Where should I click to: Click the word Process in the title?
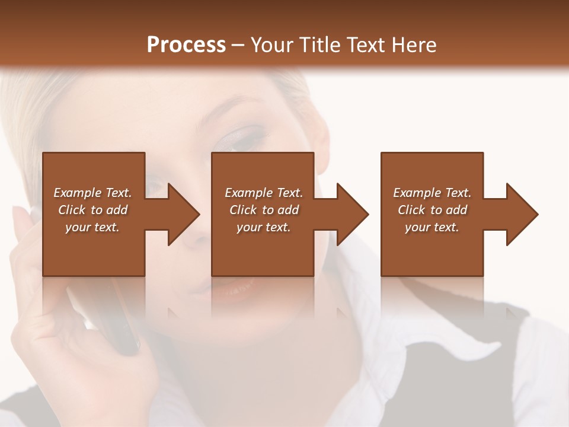click(186, 45)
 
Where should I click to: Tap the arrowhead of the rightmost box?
click(521, 214)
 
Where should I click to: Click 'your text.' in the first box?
click(92, 227)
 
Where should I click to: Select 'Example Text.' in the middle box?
click(264, 193)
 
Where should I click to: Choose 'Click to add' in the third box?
click(433, 210)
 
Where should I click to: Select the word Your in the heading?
click(270, 45)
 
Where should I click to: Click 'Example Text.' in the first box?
click(92, 193)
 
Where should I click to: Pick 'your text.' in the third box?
click(432, 227)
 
